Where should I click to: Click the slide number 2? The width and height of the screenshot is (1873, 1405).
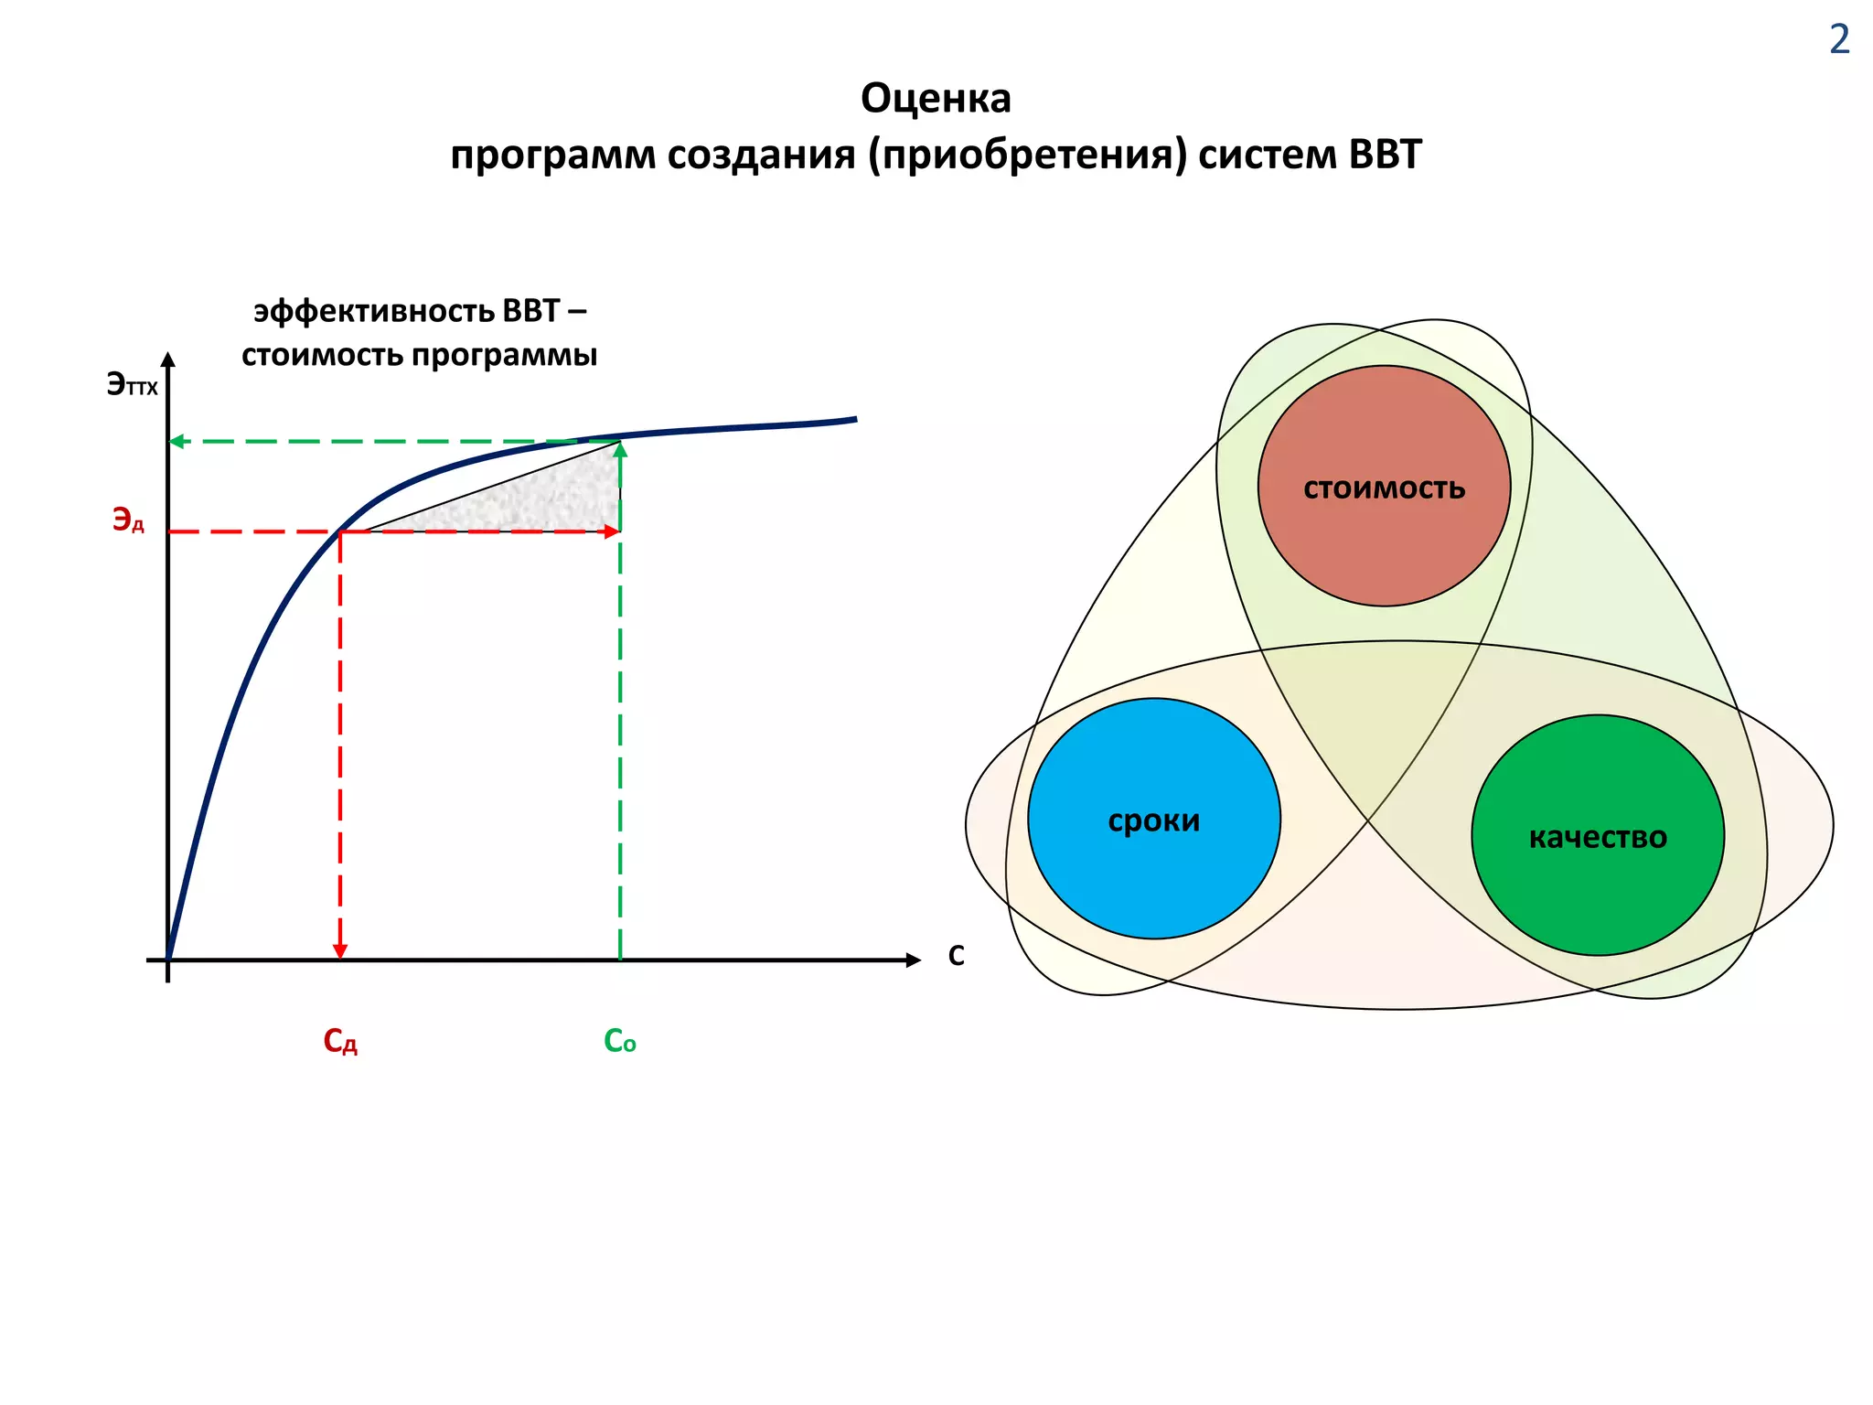click(x=1839, y=40)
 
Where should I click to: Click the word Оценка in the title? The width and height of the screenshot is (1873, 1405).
click(x=936, y=99)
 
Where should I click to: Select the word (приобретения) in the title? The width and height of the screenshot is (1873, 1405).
click(x=1028, y=155)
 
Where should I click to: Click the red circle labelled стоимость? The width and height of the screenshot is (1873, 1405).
click(x=1384, y=486)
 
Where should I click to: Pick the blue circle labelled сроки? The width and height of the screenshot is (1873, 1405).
click(x=1153, y=819)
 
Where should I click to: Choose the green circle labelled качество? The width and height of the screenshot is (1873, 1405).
click(x=1598, y=835)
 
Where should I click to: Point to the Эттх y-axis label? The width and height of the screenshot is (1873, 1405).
click(x=132, y=384)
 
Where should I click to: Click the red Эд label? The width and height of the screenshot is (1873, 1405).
click(x=128, y=520)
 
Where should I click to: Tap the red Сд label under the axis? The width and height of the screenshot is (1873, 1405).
click(x=340, y=1041)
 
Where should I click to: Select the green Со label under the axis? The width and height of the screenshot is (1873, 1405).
click(x=619, y=1041)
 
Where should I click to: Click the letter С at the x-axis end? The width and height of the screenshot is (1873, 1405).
click(x=956, y=955)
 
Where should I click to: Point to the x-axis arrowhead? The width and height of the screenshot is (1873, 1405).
click(x=913, y=960)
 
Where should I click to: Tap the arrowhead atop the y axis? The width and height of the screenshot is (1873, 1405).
click(x=167, y=359)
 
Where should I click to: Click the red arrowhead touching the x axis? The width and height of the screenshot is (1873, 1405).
click(x=340, y=950)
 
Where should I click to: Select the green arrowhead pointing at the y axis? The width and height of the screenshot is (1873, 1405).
click(x=177, y=441)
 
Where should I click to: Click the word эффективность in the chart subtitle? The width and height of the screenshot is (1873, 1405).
click(x=374, y=312)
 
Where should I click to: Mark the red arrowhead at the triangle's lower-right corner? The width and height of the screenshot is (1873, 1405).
click(x=612, y=531)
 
